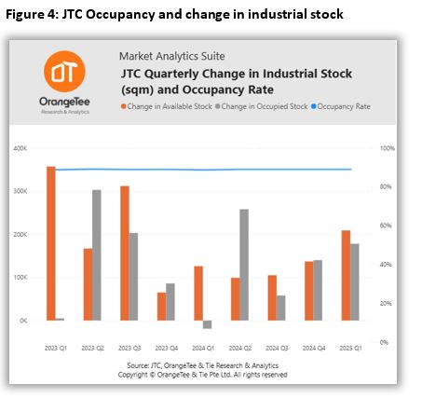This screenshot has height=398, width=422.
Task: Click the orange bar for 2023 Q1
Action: [x=51, y=243]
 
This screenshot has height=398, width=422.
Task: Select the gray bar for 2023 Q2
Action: [x=97, y=255]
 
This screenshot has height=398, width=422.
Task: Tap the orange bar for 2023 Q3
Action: [x=125, y=254]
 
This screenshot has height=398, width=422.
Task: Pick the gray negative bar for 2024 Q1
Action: [x=207, y=324]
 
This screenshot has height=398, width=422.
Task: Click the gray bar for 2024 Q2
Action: [x=244, y=265]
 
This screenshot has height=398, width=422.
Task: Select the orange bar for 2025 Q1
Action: [x=346, y=275]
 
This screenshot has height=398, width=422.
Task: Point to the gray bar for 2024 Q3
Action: [x=280, y=308]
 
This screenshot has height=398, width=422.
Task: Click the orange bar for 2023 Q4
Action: [x=161, y=307]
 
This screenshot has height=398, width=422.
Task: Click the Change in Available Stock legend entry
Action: [x=167, y=106]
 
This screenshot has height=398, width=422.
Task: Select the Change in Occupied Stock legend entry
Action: [x=262, y=106]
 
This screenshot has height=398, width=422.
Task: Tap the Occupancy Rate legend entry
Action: [x=341, y=106]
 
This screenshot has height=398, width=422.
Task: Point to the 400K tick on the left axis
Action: [x=20, y=148]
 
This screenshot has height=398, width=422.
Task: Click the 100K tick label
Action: [x=20, y=277]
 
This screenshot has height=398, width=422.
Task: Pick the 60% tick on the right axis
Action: [x=386, y=226]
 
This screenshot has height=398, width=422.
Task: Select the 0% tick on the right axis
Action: [x=384, y=342]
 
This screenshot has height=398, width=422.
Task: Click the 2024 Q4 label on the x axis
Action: [x=314, y=348]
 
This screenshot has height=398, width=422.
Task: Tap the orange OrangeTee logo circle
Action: [x=64, y=72]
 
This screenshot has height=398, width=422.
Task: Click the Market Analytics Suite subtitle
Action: [x=172, y=56]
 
